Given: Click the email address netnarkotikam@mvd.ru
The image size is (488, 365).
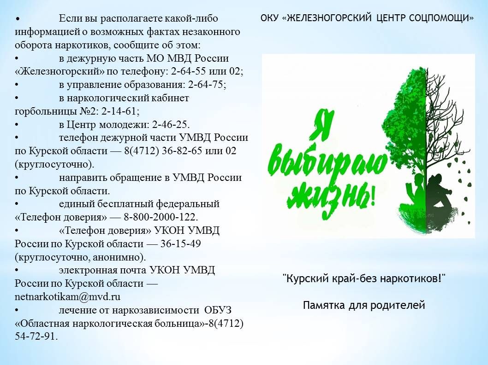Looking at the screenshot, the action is pyautogui.click(x=67, y=297).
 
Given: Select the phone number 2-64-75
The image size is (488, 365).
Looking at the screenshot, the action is pyautogui.click(x=206, y=85).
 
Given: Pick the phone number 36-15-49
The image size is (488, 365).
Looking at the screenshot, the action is pyautogui.click(x=180, y=243).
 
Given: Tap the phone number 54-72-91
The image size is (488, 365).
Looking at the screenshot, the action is pyautogui.click(x=35, y=336).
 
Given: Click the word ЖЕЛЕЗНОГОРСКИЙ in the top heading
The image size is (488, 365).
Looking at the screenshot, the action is pyautogui.click(x=327, y=18).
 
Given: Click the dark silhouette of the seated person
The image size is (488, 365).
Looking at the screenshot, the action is pyautogui.click(x=439, y=195).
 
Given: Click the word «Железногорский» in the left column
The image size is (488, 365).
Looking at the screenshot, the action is pyautogui.click(x=60, y=71).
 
